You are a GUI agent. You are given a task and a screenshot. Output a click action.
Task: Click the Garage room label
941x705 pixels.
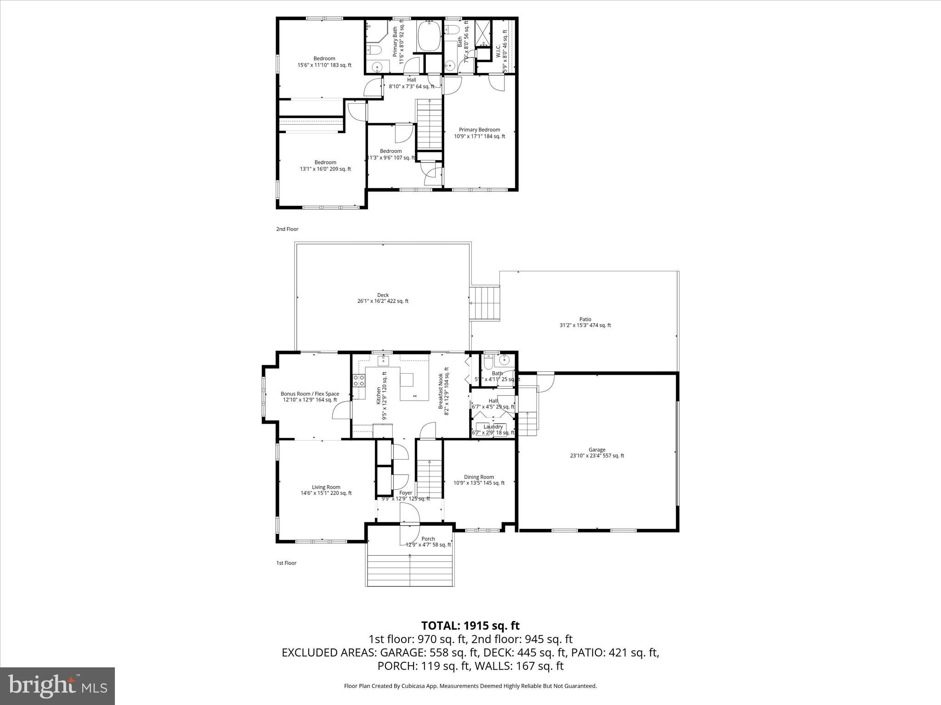(597, 453)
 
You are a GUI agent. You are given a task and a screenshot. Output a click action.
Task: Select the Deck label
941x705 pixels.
(383, 298)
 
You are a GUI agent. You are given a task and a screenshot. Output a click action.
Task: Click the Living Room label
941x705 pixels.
(326, 490)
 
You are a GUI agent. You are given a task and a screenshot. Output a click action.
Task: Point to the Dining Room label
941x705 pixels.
(479, 480)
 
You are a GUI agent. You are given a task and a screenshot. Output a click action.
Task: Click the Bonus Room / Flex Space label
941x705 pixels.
(310, 397)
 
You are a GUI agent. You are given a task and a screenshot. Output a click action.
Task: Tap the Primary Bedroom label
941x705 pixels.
(479, 133)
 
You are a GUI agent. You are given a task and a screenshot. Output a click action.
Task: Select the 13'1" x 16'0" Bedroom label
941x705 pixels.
(325, 165)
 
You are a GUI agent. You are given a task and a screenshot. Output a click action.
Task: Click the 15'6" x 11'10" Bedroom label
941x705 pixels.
(324, 62)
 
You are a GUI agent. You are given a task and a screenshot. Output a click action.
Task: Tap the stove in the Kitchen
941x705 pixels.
(359, 380)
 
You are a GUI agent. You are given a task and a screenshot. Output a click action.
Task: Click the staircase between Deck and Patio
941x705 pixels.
(484, 303)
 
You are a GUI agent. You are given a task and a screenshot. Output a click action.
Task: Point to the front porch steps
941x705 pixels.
(412, 570)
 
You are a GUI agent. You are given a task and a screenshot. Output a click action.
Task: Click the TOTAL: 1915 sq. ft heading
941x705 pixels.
(470, 626)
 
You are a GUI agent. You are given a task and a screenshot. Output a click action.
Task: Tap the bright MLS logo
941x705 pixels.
(57, 686)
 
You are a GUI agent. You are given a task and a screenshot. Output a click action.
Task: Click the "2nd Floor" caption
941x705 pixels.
(287, 229)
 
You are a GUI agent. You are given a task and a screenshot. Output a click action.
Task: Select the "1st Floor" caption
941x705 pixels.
(286, 563)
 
